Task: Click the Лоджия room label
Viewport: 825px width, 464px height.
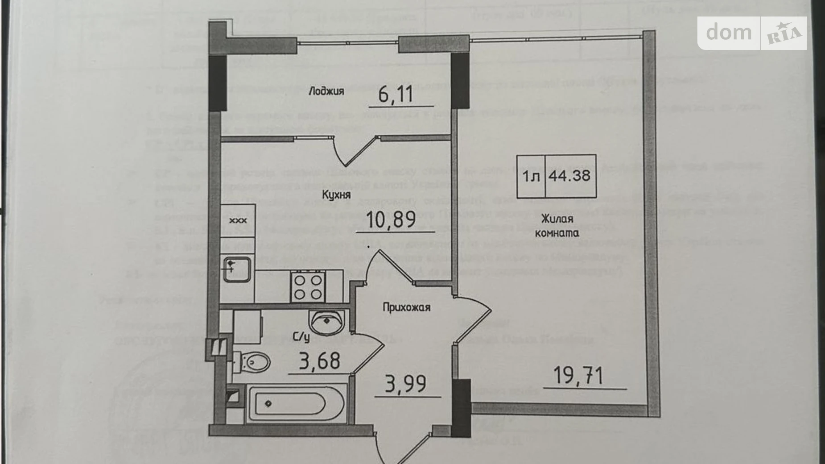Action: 326,91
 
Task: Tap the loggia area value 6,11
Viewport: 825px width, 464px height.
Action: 396,95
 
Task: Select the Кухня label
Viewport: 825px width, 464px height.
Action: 336,195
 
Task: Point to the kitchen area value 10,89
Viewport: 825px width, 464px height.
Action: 391,220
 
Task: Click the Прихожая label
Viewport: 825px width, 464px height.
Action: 406,307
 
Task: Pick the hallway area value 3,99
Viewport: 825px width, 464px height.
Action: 405,384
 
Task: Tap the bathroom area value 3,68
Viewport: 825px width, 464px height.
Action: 319,361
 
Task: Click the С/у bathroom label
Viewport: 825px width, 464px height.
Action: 301,337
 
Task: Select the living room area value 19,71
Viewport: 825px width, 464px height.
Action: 578,376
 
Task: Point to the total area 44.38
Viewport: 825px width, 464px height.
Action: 569,176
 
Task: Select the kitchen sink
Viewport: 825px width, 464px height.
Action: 236,269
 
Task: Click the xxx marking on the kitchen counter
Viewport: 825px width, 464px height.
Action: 238,220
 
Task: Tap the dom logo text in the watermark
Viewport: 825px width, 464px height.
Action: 729,33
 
